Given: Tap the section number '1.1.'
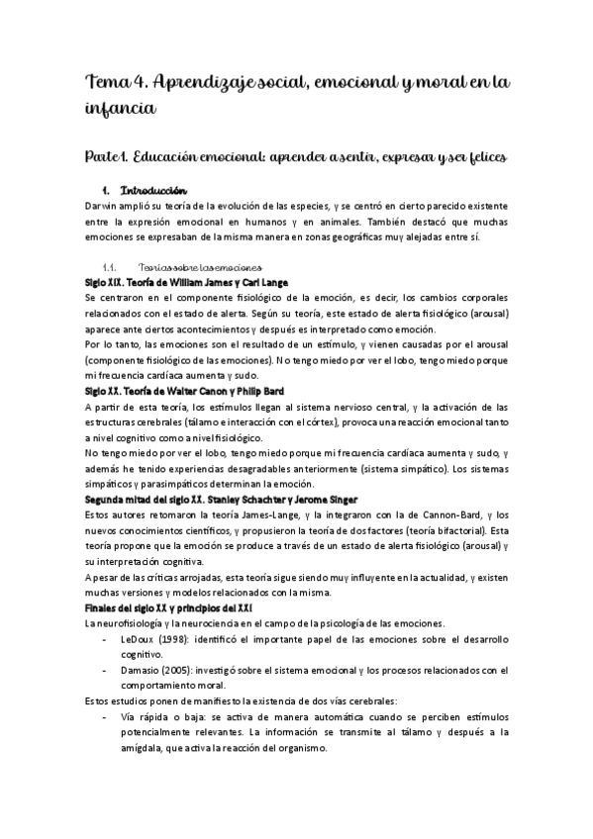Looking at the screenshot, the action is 111,267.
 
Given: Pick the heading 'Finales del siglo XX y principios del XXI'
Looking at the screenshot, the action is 169,607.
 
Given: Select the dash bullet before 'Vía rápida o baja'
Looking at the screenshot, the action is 107,717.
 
